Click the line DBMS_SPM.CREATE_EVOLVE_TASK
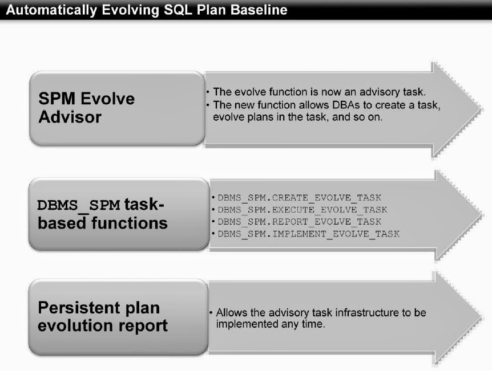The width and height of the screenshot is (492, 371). tap(299, 198)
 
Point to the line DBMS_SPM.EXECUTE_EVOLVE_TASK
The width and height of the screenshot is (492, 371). tap(302, 210)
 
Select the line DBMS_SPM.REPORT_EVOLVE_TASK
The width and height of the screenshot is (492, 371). tap(299, 222)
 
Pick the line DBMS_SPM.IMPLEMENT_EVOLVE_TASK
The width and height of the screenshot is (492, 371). tap(308, 234)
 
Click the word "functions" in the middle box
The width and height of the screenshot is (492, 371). tap(131, 223)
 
